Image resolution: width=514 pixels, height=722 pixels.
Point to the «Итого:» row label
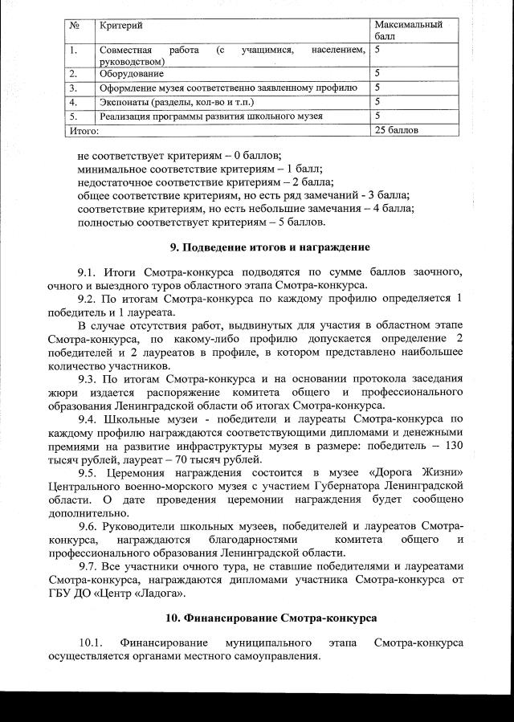[84, 129]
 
